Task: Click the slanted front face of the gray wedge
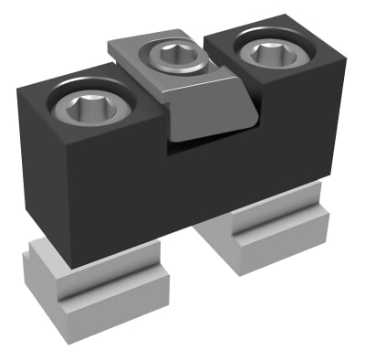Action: pos(210,114)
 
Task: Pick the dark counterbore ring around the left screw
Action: pos(59,99)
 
